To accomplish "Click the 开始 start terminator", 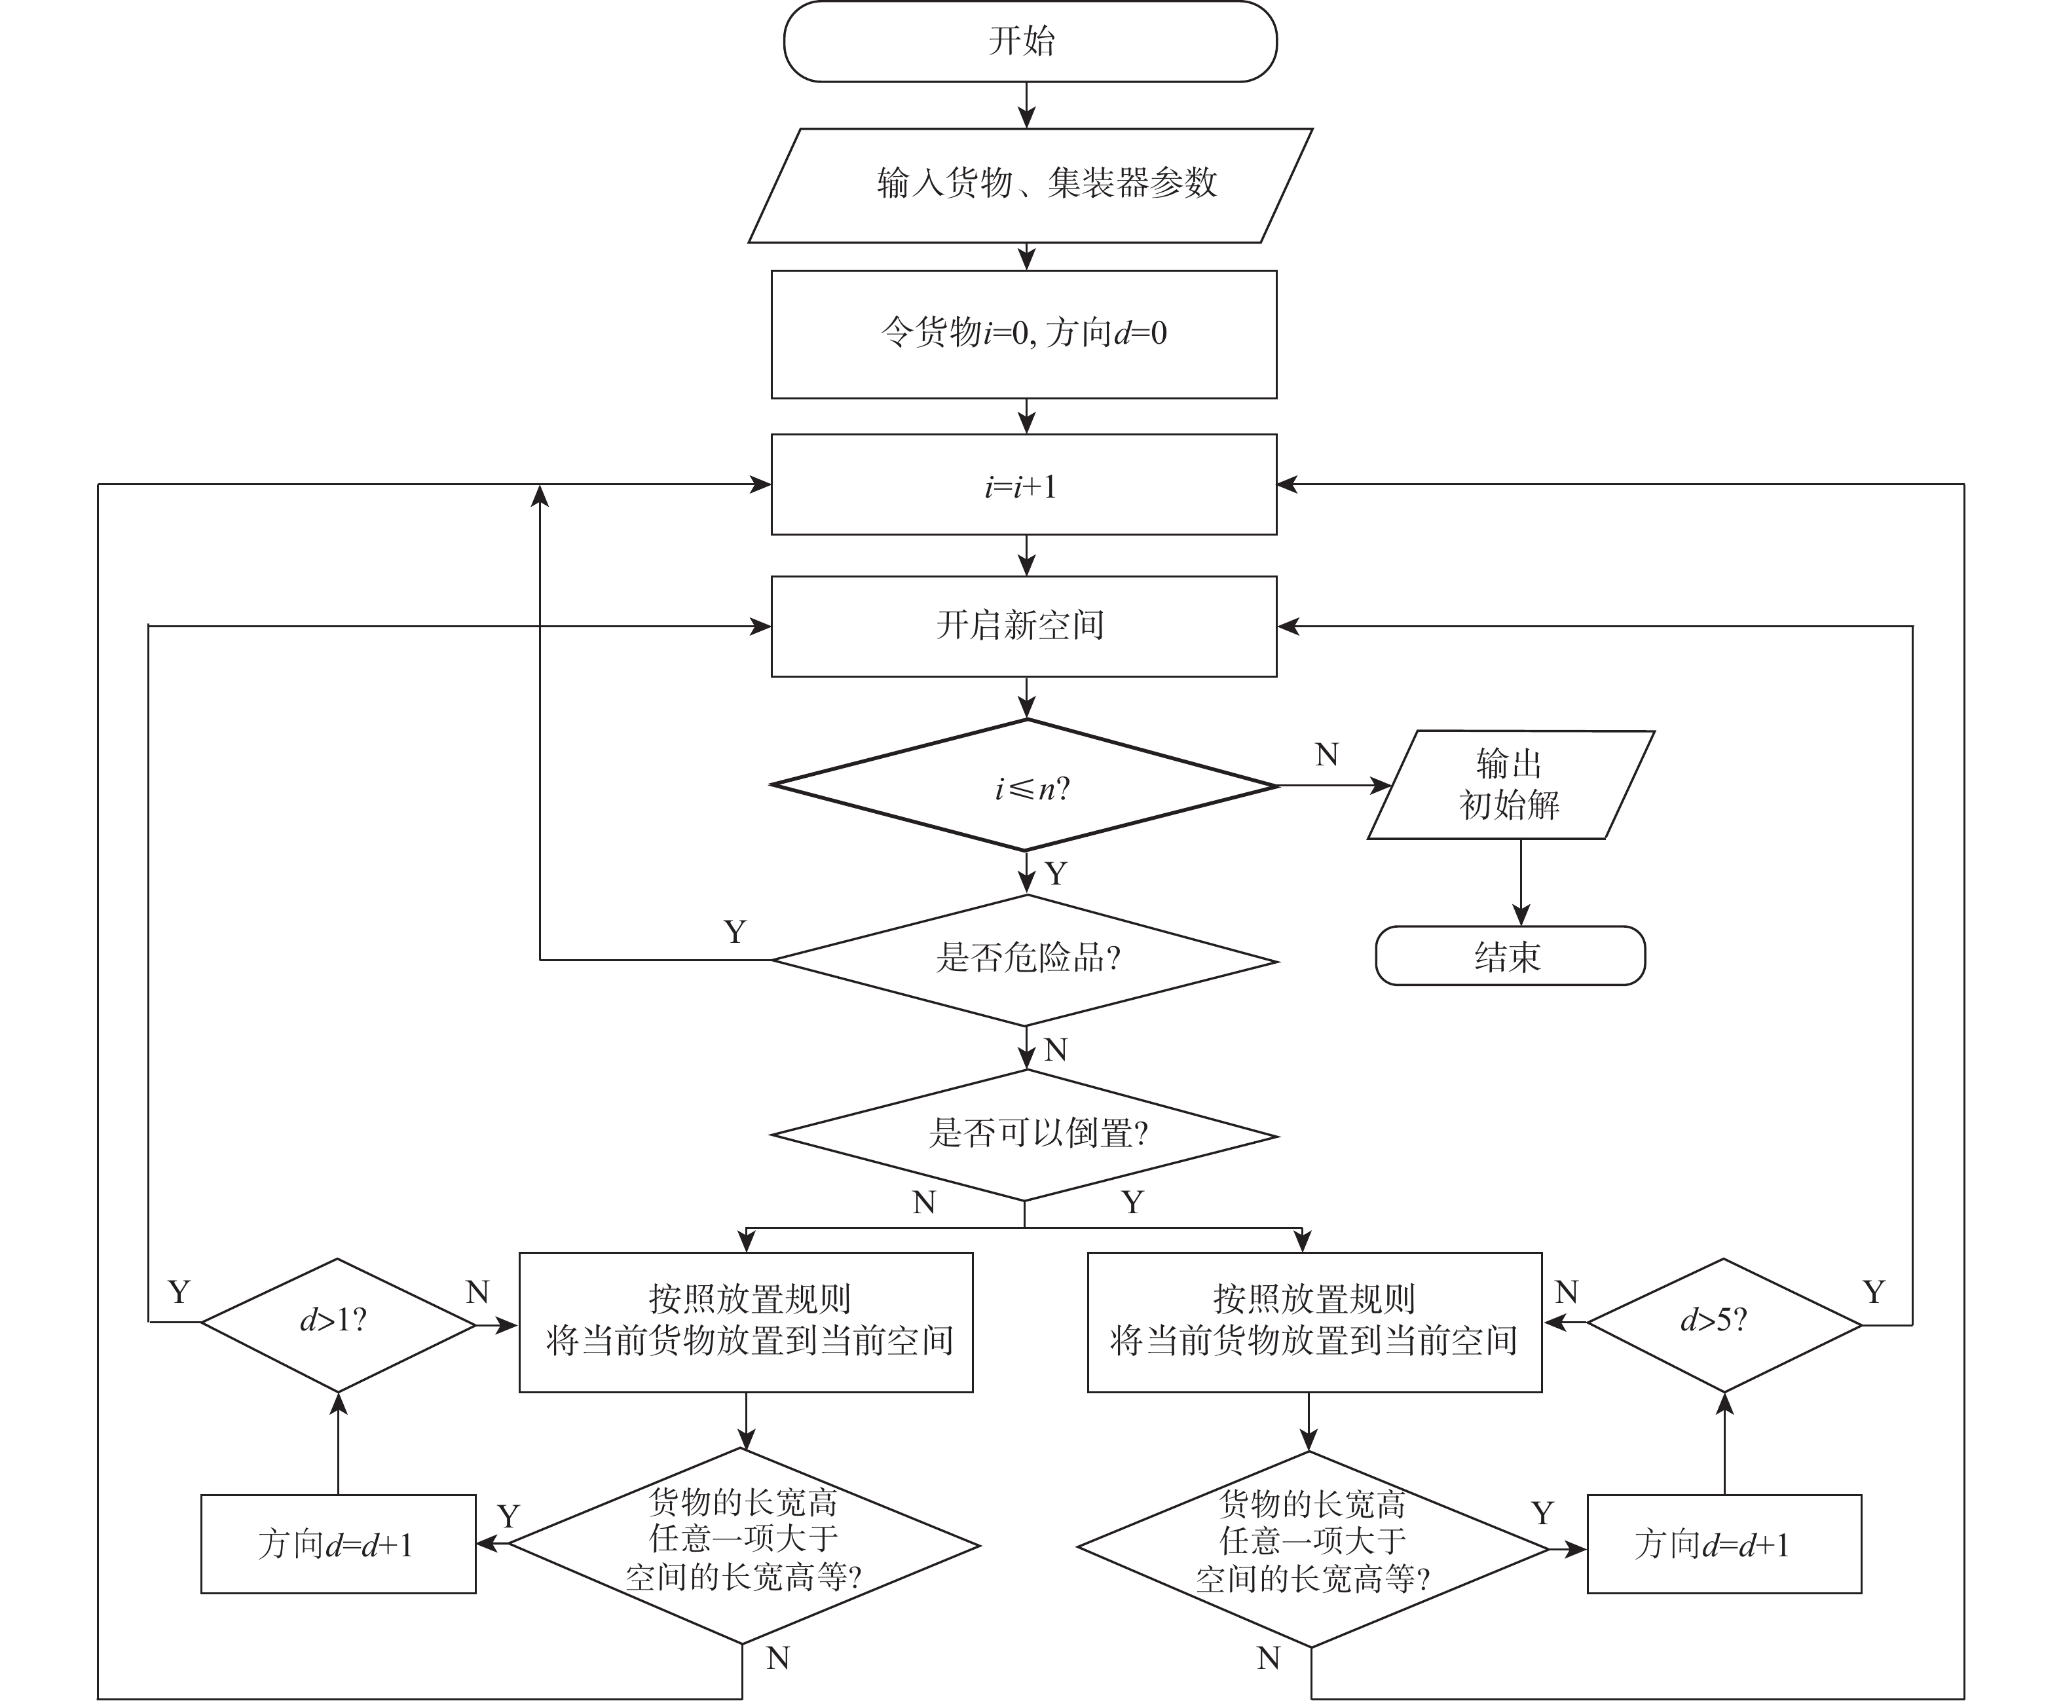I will (1029, 41).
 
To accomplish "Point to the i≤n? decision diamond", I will (1025, 786).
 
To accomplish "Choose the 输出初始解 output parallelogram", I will (1510, 785).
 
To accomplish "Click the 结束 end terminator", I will (1510, 955).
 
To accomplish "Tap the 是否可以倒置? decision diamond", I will (1025, 1135).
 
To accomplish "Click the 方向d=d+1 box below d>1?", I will (338, 1545).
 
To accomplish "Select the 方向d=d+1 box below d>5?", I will (1723, 1545).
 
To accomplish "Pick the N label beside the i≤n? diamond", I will (1326, 754).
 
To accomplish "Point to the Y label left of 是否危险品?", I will (735, 931).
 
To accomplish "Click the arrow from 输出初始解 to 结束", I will (1520, 882).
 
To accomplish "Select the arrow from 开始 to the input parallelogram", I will (1026, 105).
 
